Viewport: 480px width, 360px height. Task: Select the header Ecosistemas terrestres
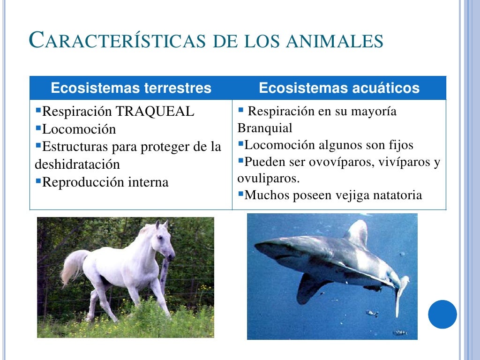pos(131,88)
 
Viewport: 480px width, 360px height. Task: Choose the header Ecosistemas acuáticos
pos(339,88)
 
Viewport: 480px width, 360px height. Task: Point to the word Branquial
pos(264,128)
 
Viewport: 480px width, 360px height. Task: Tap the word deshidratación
pos(77,165)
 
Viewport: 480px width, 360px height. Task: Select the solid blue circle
pos(442,314)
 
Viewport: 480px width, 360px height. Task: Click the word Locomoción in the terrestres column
pos(79,129)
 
